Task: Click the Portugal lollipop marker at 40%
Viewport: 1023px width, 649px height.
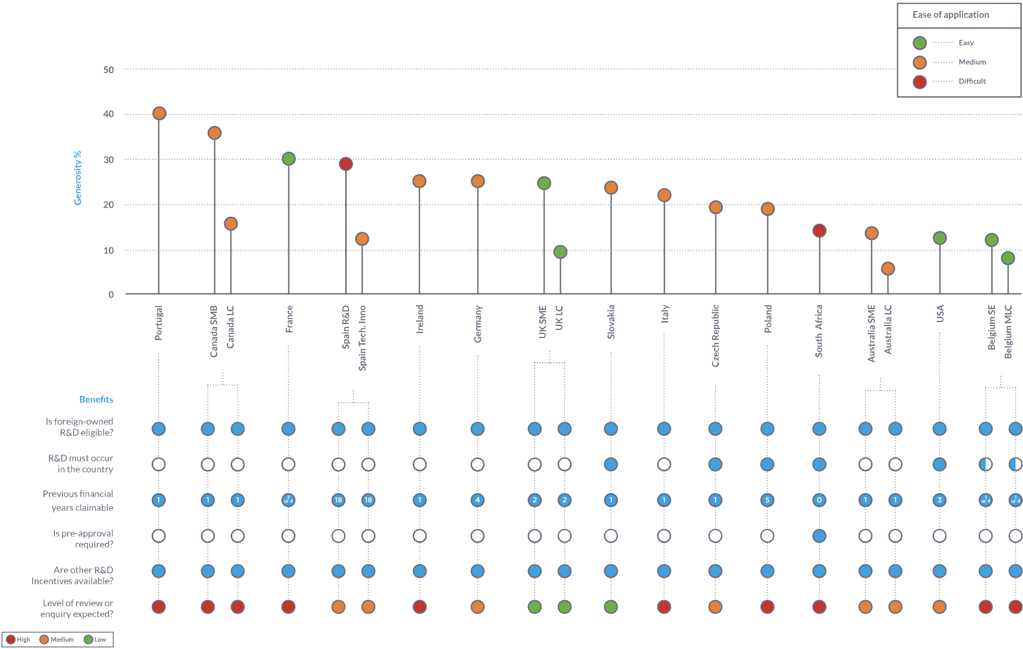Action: [x=159, y=113]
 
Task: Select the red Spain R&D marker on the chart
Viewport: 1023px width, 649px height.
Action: [x=346, y=164]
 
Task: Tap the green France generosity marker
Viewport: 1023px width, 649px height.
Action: [x=289, y=159]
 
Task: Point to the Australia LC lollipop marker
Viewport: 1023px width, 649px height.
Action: [x=888, y=269]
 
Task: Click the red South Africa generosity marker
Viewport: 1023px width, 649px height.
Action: [x=819, y=231]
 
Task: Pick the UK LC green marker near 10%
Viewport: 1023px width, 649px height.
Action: [x=560, y=252]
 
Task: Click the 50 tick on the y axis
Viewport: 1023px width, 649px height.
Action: [x=108, y=70]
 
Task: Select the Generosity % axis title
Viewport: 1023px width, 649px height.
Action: [x=78, y=178]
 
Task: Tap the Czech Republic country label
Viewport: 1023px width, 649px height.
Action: [x=716, y=336]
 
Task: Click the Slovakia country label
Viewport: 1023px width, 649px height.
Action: [x=611, y=321]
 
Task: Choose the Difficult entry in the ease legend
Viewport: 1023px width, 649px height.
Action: [x=972, y=81]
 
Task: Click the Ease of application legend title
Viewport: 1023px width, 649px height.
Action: [x=950, y=15]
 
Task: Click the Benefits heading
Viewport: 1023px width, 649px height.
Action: [x=96, y=400]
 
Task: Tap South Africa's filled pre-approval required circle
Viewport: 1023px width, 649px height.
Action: [x=819, y=536]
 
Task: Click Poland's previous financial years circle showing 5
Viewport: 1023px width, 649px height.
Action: [x=768, y=500]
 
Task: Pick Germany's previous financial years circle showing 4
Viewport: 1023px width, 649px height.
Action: [x=478, y=500]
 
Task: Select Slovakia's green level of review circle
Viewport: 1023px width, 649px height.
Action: [x=611, y=607]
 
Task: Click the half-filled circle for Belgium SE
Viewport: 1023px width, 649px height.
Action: [x=986, y=464]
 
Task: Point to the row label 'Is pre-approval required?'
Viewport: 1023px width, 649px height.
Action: [x=83, y=539]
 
